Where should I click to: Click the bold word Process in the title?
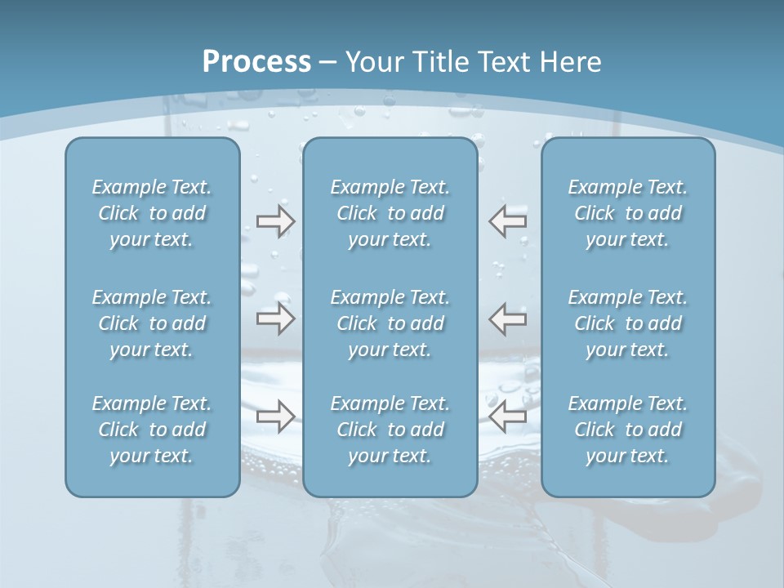click(256, 62)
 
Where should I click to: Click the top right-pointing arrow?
click(275, 221)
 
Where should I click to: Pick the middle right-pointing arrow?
click(275, 318)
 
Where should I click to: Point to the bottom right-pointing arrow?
click(275, 416)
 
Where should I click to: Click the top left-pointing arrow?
click(508, 221)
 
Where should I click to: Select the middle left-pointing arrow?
click(508, 318)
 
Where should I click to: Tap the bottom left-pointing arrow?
click(508, 416)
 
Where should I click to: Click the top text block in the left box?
click(152, 213)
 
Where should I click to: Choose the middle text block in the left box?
click(152, 323)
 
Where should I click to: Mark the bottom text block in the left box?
click(152, 430)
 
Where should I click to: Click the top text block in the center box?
click(390, 213)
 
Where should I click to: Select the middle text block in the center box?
click(390, 323)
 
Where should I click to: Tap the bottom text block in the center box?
click(390, 430)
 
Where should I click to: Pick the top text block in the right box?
click(627, 213)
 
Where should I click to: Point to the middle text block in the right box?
click(627, 323)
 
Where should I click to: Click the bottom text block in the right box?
click(627, 430)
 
